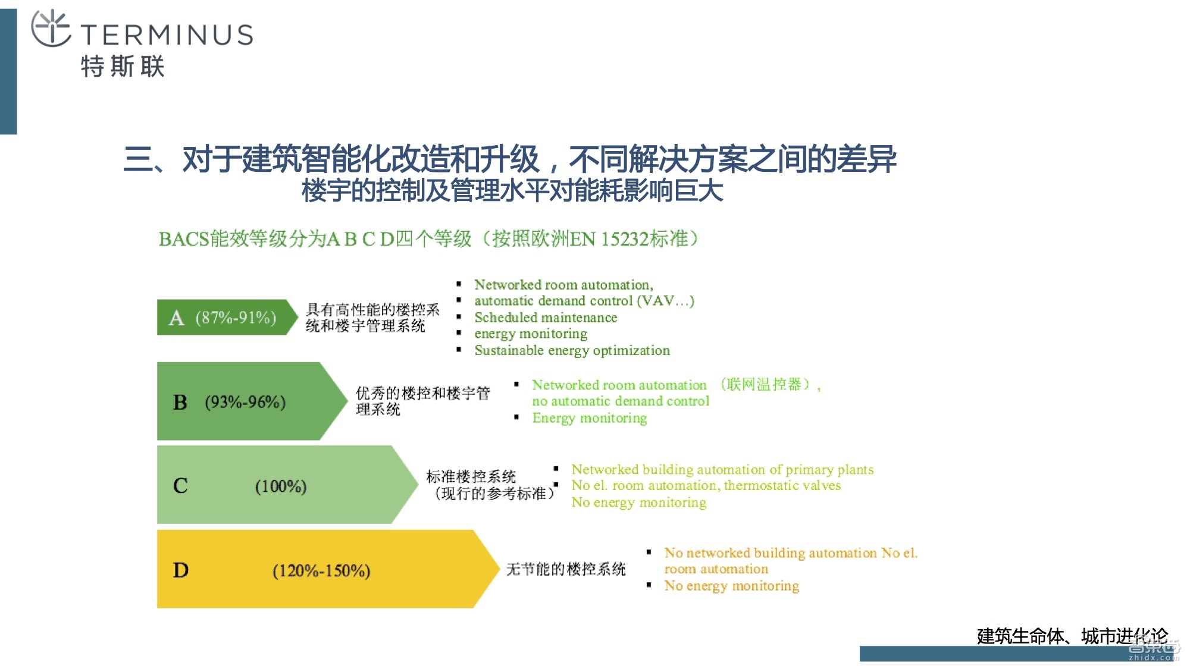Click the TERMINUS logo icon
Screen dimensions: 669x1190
coord(51,29)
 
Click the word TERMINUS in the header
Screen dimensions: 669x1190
coord(167,35)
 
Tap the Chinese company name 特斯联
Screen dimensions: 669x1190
coord(123,66)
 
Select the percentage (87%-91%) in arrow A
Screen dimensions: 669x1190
coord(236,318)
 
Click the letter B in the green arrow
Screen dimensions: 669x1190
coord(180,403)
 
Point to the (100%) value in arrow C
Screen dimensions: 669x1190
coord(280,486)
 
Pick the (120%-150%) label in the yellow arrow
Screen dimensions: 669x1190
coord(321,571)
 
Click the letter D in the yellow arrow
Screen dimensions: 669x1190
coord(180,570)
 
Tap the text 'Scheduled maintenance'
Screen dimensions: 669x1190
coord(546,318)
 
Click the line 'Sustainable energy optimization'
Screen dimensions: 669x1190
coord(572,350)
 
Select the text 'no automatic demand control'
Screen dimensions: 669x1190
coord(621,401)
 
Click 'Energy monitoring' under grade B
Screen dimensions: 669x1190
coord(589,418)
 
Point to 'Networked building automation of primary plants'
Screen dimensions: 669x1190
coord(722,470)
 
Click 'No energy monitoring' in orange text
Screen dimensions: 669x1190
coord(731,586)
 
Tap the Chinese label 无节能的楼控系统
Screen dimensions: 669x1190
coord(566,569)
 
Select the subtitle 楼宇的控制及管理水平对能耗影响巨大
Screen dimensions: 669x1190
coord(512,191)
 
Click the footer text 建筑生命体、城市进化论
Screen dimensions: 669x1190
coord(1072,636)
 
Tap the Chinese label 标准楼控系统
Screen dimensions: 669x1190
coord(471,476)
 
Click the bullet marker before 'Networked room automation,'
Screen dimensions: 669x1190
coord(459,284)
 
